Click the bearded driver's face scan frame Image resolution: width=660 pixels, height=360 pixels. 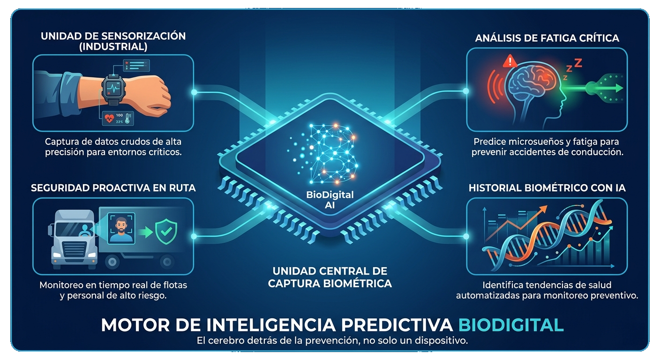[121, 228]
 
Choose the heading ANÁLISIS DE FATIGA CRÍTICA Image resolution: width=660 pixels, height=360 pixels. [547, 38]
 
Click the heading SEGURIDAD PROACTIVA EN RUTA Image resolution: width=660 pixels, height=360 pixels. [113, 188]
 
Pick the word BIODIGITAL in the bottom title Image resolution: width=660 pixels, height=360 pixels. [510, 325]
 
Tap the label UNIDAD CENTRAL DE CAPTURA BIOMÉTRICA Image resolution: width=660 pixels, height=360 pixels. [330, 277]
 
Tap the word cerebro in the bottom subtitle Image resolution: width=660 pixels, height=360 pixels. [233, 341]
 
